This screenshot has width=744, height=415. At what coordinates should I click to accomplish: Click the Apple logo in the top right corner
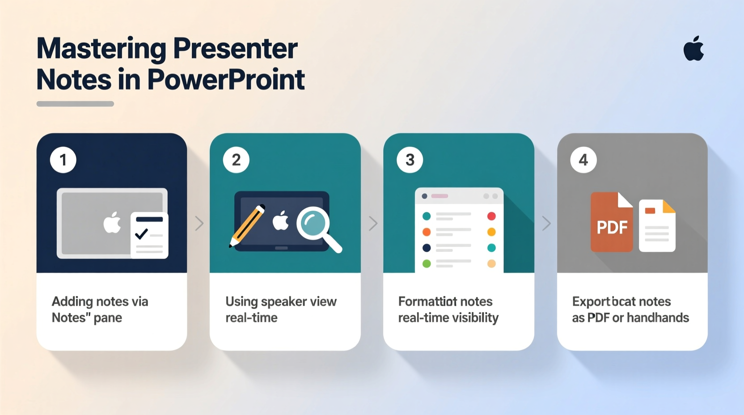(x=693, y=49)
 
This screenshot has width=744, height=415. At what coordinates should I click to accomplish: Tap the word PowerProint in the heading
(x=226, y=80)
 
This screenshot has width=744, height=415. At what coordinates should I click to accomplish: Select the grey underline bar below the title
(x=75, y=104)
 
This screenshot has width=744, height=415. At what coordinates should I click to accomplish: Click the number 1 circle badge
(x=63, y=160)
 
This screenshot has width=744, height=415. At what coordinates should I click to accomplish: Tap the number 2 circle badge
(x=236, y=160)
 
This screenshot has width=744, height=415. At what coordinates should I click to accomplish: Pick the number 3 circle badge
(x=410, y=160)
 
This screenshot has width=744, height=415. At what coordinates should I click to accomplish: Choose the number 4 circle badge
(x=583, y=160)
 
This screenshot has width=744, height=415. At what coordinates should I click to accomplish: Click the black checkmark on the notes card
(x=142, y=233)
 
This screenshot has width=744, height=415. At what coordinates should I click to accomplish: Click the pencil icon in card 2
(x=247, y=226)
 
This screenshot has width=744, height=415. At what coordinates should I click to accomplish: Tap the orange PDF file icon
(x=611, y=222)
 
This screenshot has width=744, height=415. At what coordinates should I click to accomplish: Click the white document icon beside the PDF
(x=657, y=226)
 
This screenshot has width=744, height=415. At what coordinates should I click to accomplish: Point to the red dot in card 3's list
(x=491, y=216)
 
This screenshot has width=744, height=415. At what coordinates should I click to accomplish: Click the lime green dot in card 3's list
(x=427, y=264)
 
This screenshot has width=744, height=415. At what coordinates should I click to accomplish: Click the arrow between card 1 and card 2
(x=199, y=223)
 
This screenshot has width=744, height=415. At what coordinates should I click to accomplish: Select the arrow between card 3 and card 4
(x=546, y=223)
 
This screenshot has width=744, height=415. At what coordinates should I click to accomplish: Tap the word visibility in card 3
(x=473, y=318)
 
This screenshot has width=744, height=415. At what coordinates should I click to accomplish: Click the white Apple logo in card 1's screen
(x=112, y=223)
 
